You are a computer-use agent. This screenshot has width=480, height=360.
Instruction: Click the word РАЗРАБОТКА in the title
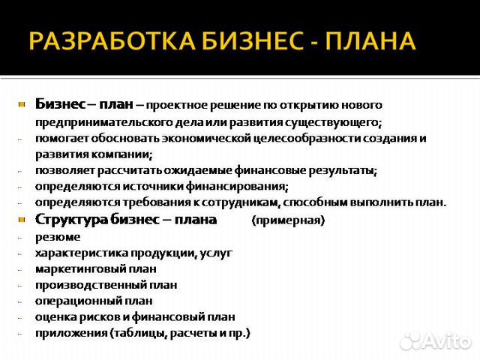point(112,40)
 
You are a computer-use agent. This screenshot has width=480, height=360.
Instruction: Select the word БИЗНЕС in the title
point(252,40)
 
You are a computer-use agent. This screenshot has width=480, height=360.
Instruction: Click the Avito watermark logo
point(436,340)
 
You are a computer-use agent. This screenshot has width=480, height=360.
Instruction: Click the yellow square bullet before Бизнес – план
point(22,105)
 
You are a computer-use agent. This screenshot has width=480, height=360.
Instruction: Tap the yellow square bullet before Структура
point(22,220)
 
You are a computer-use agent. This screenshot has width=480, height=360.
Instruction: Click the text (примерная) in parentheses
point(288,220)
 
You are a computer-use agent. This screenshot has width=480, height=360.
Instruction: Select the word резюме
point(58,237)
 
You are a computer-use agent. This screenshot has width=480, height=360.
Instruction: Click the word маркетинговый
point(80,269)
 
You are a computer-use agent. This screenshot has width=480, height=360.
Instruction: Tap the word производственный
point(90,285)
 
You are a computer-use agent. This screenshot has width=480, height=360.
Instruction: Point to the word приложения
point(71,333)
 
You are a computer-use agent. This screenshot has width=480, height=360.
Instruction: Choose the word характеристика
point(81,253)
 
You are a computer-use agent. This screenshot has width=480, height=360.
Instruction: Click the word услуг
point(216,253)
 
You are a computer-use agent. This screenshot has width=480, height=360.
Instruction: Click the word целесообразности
point(307,138)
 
